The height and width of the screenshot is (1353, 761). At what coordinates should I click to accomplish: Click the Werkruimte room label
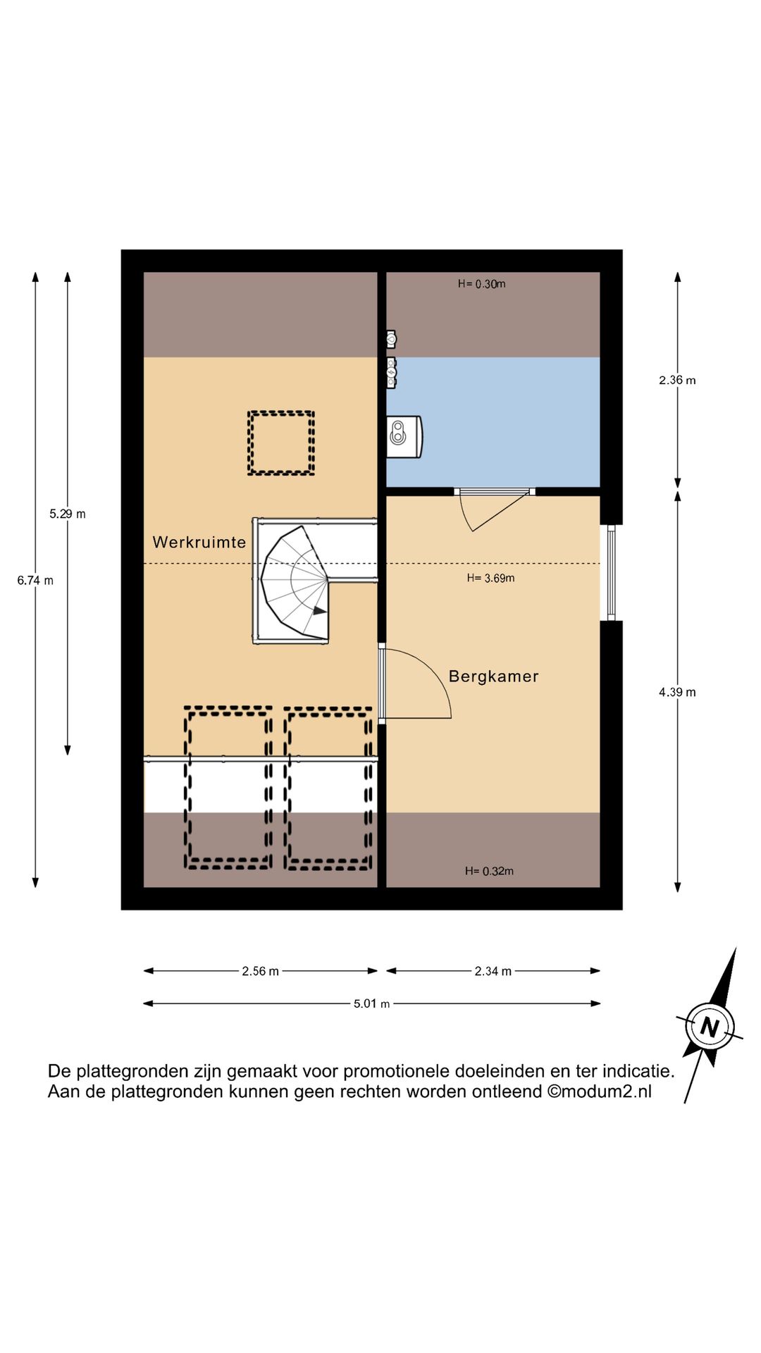199,542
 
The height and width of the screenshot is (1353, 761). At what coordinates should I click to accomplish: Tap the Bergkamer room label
493,676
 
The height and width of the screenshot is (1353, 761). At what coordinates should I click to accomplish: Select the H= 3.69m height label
490,578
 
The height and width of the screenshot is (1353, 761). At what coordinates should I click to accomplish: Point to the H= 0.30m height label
481,284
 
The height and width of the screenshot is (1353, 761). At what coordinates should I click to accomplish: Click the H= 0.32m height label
489,871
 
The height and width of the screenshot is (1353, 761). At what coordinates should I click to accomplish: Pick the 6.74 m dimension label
35,581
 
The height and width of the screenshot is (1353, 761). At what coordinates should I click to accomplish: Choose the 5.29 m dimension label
68,514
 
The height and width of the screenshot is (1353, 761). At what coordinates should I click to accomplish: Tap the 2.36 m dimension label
677,380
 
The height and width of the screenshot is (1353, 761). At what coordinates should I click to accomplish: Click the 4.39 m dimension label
677,692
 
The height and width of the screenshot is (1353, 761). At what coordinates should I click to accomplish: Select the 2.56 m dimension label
261,971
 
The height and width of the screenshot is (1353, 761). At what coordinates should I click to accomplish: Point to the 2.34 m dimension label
493,971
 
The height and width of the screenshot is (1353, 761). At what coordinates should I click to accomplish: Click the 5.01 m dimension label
371,1003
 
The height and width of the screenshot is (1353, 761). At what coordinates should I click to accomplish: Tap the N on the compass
710,1026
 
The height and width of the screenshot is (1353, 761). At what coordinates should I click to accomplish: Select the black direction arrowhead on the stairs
320,610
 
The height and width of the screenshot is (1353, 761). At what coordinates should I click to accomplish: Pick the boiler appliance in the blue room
404,437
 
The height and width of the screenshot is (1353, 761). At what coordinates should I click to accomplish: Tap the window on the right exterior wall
611,572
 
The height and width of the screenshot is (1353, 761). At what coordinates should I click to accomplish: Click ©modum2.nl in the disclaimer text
600,1092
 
